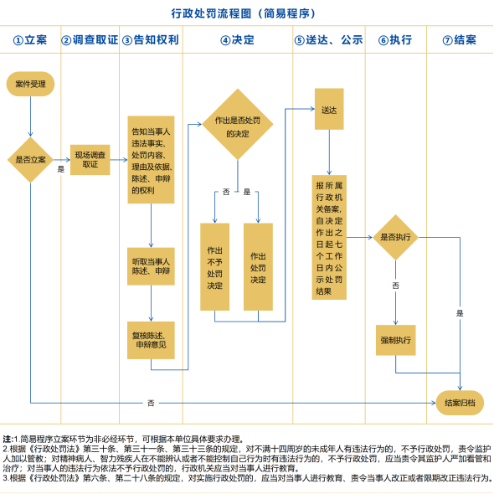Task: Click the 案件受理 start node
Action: pos(30,84)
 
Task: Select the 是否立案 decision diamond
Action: pos(30,160)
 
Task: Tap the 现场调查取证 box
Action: pos(90,160)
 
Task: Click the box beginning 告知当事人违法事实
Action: pos(151,160)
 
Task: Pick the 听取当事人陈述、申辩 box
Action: pos(151,266)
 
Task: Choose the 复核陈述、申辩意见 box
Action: pos(151,340)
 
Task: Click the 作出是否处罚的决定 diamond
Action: pos(238,125)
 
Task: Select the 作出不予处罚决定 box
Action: pos(215,267)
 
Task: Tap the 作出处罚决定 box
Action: pos(258,267)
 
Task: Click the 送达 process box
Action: pos(329,109)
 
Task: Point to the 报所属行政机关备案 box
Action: pos(329,237)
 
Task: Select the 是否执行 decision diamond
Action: pos(396,237)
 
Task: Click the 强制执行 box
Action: pos(396,340)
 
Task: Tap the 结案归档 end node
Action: pos(460,403)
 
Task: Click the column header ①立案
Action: pos(30,40)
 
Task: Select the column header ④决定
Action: pos(237,40)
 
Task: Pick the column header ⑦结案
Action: pos(460,40)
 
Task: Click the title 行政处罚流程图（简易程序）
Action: pos(243,13)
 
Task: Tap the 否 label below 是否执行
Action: pos(396,286)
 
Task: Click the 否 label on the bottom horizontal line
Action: pos(151,403)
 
